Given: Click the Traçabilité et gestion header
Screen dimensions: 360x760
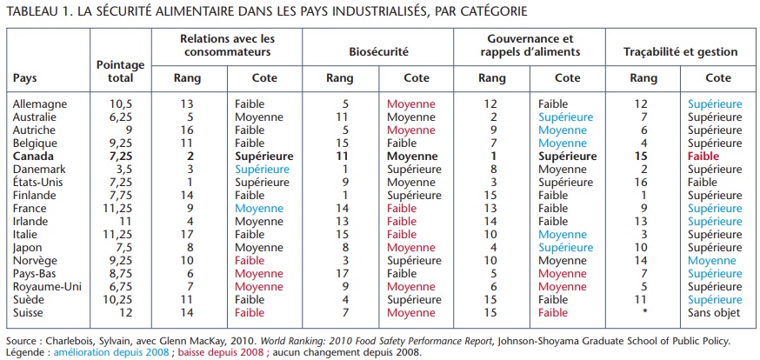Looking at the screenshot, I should tap(680, 52).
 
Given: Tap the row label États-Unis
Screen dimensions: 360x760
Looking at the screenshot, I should tap(39, 182).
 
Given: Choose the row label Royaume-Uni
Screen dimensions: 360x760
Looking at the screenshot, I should tap(47, 286).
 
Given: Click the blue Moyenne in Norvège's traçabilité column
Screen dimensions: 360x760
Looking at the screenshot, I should tap(710, 260).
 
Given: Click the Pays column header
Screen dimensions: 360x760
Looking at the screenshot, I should tap(25, 77).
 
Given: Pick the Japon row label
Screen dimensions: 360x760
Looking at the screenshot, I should tap(29, 247).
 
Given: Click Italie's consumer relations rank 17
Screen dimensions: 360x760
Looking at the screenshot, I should tap(187, 234).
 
